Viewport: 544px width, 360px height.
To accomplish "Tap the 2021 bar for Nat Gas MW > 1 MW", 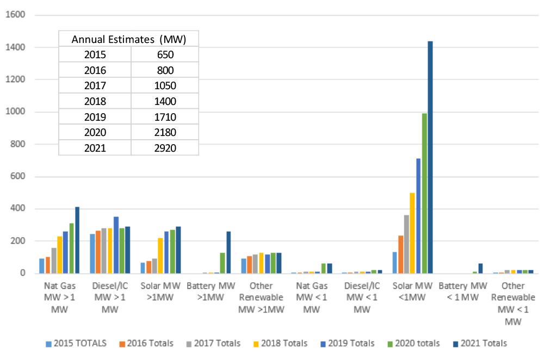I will tap(77, 240).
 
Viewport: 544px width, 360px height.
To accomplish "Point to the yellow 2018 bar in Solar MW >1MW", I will tap(145, 256).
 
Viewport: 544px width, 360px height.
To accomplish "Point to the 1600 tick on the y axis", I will tap(15, 15).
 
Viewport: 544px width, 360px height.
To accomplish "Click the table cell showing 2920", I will tap(165, 147).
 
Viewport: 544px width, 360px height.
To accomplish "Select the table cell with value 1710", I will tap(165, 116).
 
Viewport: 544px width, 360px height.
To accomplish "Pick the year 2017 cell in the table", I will tap(95, 85).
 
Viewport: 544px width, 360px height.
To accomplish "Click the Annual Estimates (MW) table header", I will tap(129, 39).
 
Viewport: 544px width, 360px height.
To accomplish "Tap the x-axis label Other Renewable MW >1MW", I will tap(261, 297).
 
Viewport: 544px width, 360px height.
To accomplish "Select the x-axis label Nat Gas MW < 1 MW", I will tap(311, 297).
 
